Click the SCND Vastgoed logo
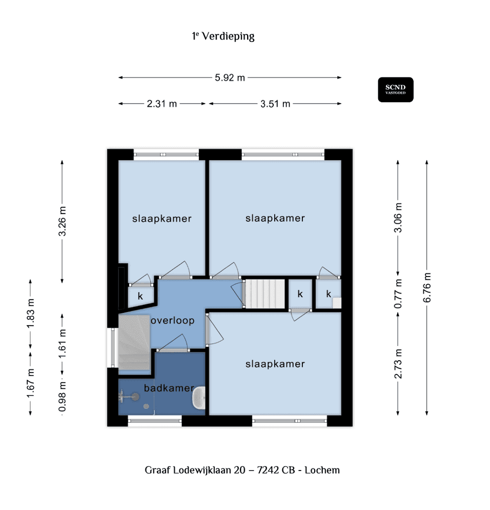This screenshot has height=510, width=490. tap(396, 90)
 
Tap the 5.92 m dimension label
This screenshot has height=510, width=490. tap(230, 77)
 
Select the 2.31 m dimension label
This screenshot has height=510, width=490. tap(161, 104)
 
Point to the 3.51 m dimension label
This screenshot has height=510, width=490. tap(275, 104)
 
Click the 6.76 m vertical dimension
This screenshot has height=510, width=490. tap(427, 288)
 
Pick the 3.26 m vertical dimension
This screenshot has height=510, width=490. tap(63, 222)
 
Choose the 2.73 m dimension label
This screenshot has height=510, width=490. tap(398, 363)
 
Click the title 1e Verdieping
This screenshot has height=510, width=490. tap(223, 36)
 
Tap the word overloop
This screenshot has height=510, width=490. tap(172, 321)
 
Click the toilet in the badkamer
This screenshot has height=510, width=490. tap(199, 398)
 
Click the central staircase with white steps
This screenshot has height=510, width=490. tap(264, 293)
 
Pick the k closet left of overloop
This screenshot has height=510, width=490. tap(139, 296)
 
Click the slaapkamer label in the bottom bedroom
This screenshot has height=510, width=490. tap(275, 364)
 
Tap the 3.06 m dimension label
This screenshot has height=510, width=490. tap(398, 218)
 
